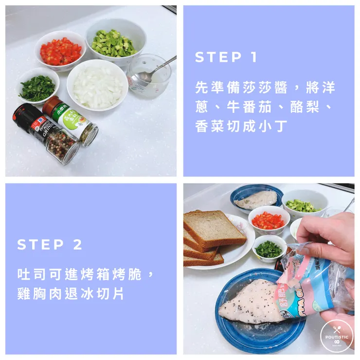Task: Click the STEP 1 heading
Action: pyautogui.click(x=226, y=57)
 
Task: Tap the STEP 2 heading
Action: pyautogui.click(x=50, y=244)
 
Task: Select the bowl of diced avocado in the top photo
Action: pyautogui.click(x=115, y=43)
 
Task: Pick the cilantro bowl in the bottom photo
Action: pyautogui.click(x=269, y=249)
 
